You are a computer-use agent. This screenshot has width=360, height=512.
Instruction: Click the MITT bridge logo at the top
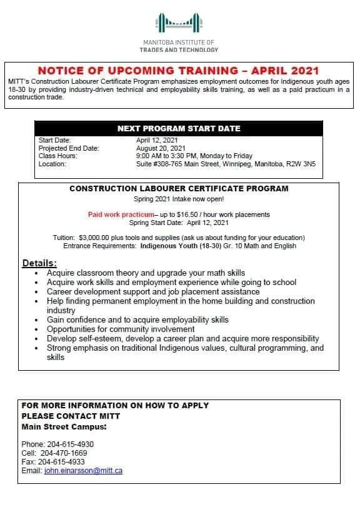(179, 24)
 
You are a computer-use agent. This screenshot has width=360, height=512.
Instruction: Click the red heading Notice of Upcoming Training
(178, 71)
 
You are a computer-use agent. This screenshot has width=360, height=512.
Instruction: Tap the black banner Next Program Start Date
(179, 129)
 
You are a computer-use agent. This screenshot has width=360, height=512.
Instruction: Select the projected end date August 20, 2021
(161, 148)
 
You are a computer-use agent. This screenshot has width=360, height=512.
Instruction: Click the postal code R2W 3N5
(302, 164)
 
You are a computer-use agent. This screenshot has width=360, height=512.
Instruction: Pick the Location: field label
(52, 164)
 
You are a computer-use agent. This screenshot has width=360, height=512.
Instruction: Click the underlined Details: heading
(39, 263)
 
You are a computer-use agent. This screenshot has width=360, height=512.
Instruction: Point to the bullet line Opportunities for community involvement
(121, 329)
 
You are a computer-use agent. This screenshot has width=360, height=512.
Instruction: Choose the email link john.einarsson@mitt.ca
(83, 471)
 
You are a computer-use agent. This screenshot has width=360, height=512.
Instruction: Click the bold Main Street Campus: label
(64, 427)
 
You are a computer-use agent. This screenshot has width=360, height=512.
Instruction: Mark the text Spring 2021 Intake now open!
(179, 199)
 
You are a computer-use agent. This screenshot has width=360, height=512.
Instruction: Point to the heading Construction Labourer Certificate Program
(179, 188)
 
